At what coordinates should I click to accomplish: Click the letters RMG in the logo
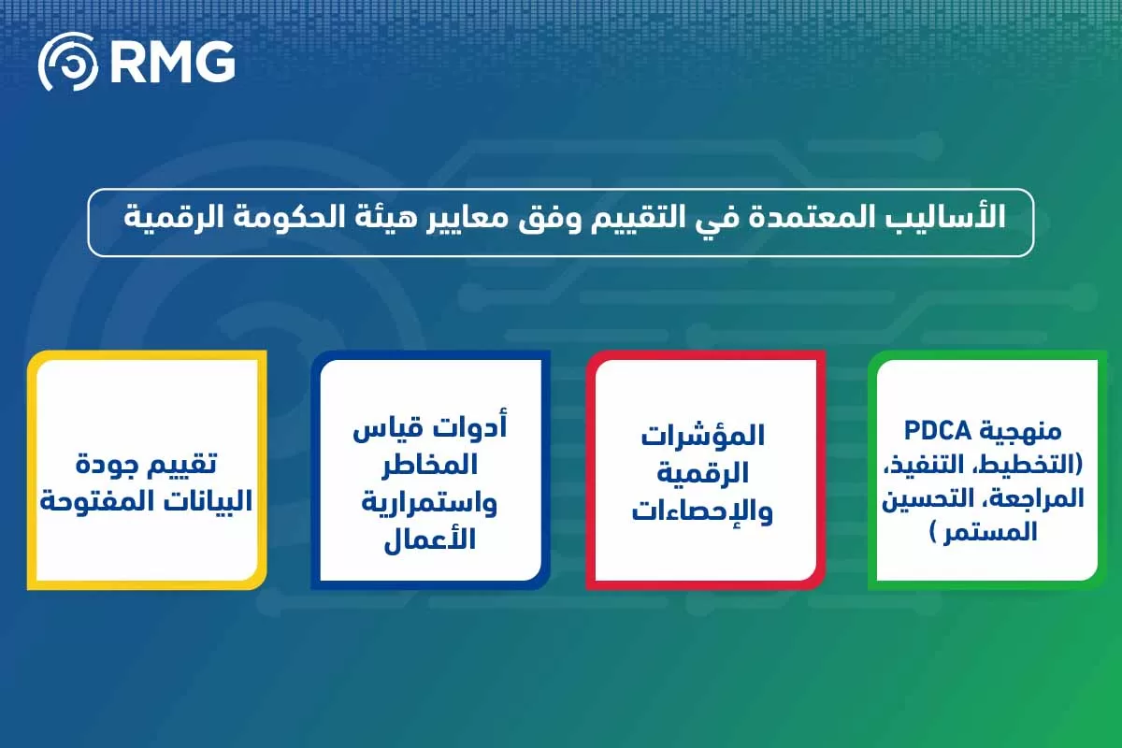coord(172,62)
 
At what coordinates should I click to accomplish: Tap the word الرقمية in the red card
coord(704,475)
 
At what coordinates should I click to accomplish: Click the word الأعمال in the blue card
coord(431,540)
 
